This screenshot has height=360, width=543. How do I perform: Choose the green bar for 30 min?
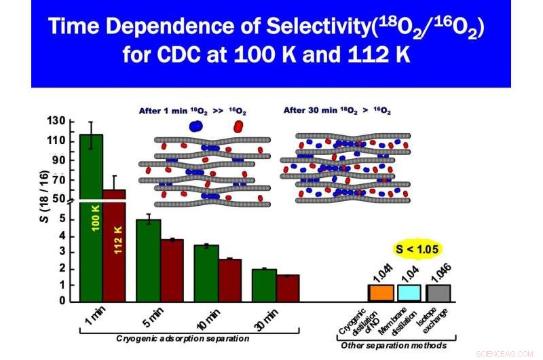[x=264, y=285]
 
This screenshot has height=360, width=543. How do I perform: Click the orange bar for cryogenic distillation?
[x=381, y=293]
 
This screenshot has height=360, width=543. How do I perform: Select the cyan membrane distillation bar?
[x=409, y=293]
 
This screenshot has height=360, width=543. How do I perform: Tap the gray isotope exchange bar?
[x=438, y=293]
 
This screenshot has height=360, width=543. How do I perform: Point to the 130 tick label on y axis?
[x=56, y=122]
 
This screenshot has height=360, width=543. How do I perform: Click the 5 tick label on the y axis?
[x=62, y=219]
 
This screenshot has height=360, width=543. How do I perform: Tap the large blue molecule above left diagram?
[x=195, y=127]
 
